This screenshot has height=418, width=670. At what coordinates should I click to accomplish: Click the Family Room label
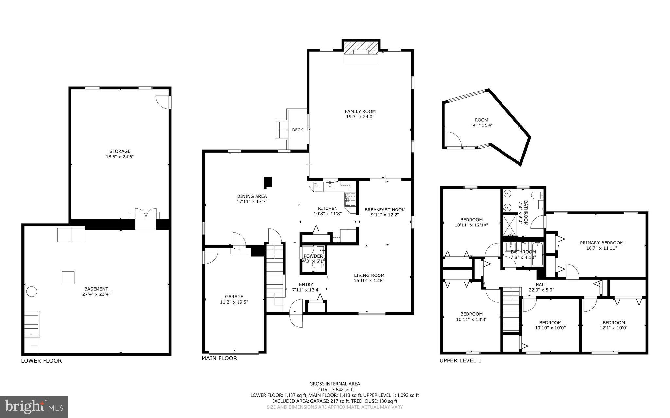coord(360,111)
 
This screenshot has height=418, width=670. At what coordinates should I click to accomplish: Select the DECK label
coord(297,130)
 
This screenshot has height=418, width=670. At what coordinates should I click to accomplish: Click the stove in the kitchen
coord(350,199)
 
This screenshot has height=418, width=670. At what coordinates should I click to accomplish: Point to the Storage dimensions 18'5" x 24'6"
coord(120,157)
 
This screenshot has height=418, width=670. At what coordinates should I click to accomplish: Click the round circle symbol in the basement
coord(32,291)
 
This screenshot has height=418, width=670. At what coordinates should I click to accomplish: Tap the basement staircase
coord(32,324)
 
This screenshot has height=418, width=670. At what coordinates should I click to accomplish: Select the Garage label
coord(234,297)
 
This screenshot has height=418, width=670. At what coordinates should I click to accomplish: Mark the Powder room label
coord(313,256)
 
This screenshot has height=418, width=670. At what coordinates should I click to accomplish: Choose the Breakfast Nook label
coord(384,210)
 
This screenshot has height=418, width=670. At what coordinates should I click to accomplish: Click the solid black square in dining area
coord(268,182)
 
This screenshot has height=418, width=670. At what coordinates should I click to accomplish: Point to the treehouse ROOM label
coord(482,120)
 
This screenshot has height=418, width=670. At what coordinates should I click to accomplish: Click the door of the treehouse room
coord(453,140)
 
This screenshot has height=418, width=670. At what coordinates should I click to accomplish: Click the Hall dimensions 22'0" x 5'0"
coord(541,290)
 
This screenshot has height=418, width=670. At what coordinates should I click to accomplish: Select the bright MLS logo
coord(34,406)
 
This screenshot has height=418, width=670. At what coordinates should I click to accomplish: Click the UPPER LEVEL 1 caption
coord(460,361)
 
